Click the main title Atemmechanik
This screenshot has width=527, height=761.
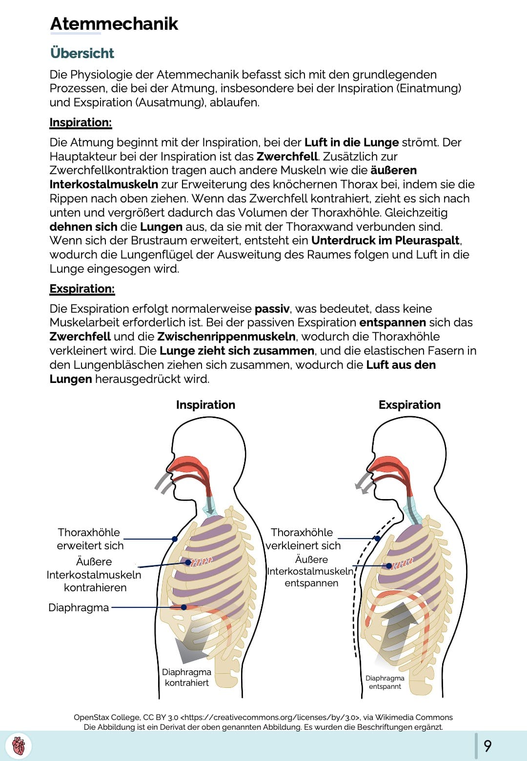114,24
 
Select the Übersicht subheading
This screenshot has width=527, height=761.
82,53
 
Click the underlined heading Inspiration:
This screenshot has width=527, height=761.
81,122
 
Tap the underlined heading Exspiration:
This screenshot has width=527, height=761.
82,289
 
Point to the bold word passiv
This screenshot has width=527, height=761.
272,309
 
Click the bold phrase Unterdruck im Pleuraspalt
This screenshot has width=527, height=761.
385,240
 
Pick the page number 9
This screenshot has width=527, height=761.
487,746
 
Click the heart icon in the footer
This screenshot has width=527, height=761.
19,746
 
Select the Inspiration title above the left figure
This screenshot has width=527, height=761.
205,405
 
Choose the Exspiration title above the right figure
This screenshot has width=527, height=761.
409,405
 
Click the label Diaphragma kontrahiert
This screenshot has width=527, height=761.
186,678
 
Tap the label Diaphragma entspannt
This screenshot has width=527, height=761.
385,682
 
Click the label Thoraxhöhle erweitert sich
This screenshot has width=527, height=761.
90,539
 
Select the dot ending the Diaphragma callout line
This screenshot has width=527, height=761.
184,607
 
